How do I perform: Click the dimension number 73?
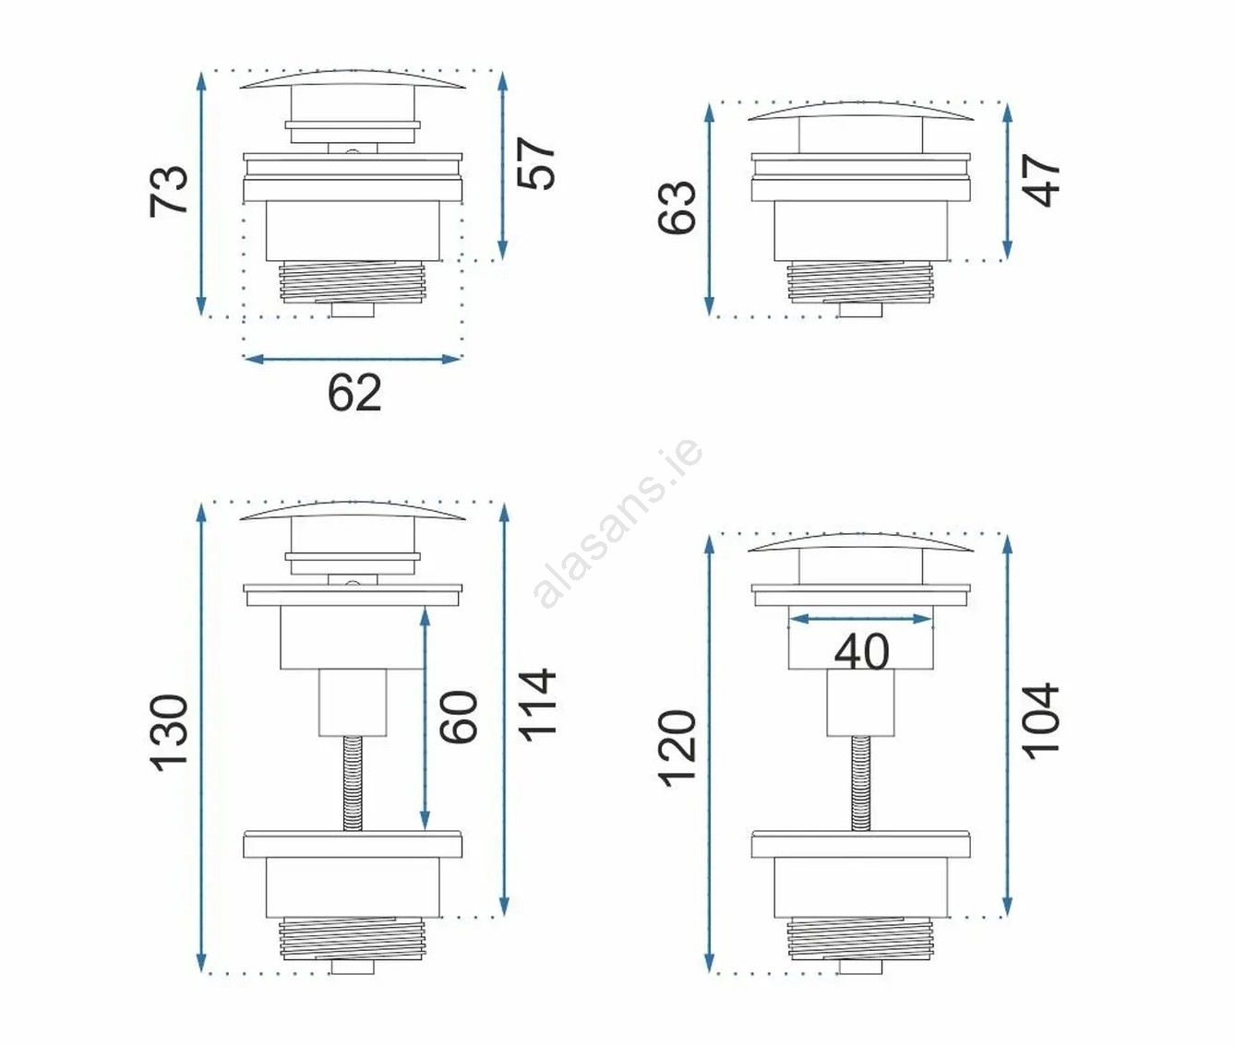pos(169,190)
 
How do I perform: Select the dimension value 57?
pos(536,164)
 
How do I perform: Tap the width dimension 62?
pos(354,393)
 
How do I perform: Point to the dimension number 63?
pos(677,207)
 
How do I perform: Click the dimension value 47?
pos(1041,181)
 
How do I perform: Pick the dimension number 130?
pos(169,732)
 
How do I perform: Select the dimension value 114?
pos(536,706)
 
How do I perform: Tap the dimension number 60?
pos(458,717)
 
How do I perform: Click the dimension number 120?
pos(677,749)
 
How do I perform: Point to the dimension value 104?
pos(1041,720)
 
